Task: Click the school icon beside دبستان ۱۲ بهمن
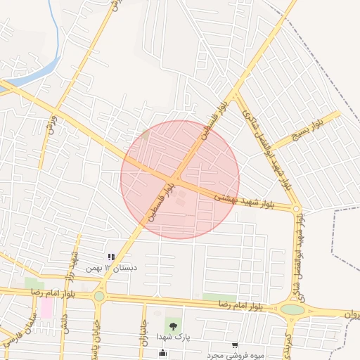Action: point(110,257)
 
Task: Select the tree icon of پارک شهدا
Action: point(172,325)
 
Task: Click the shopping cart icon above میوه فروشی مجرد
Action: point(234,345)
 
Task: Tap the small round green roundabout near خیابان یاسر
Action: point(99,296)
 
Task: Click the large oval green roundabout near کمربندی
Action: point(292,309)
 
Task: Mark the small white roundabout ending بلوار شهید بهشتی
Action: point(297,209)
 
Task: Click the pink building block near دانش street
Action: point(46,308)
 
